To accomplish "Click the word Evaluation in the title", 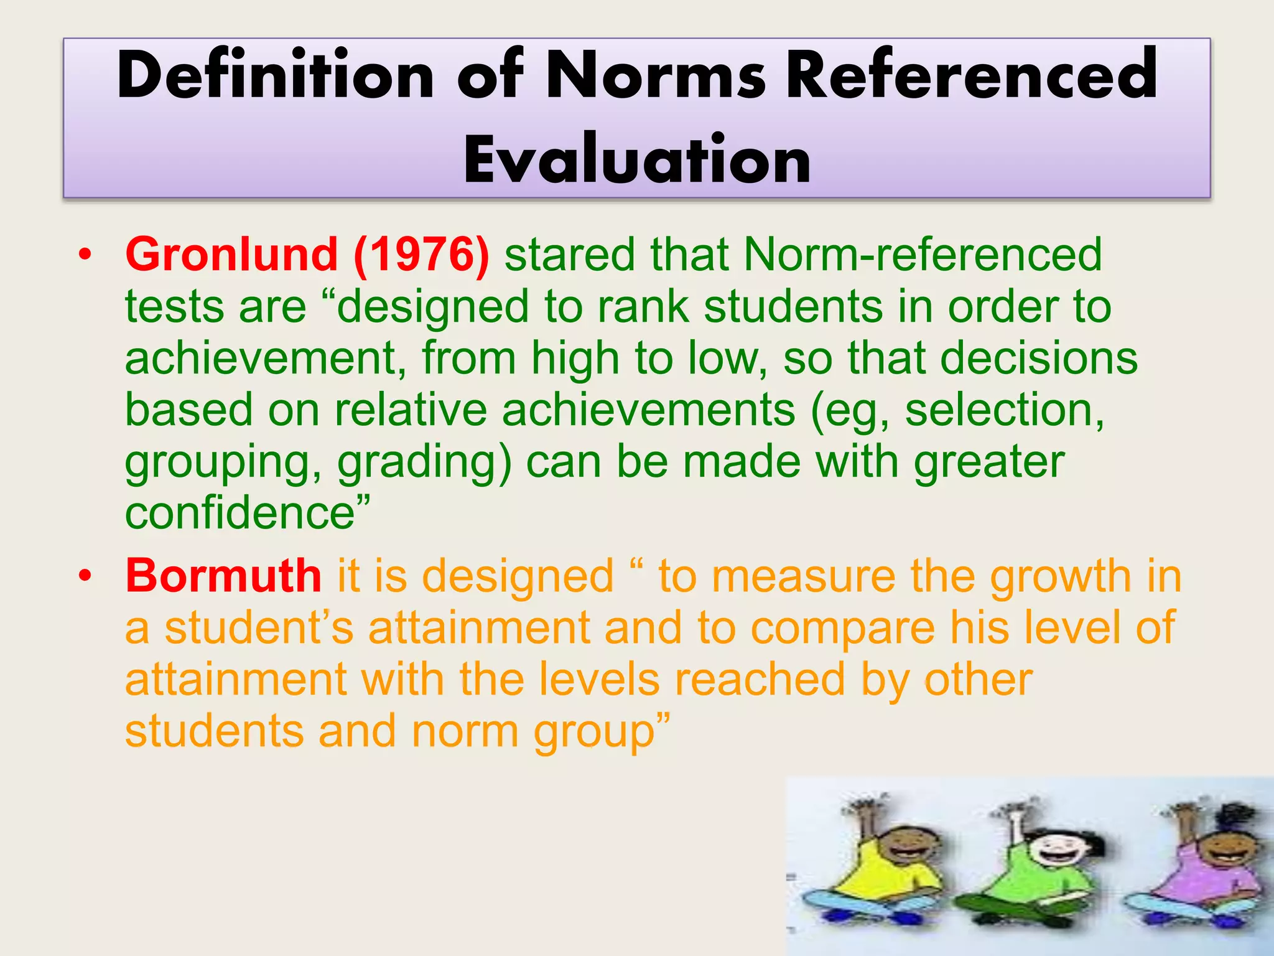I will [x=637, y=159].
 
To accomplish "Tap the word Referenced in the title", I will [x=972, y=75].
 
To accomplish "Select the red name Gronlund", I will [x=231, y=255].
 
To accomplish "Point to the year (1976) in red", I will [x=422, y=255].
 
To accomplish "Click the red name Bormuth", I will [x=223, y=575].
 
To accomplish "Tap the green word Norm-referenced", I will [x=923, y=255].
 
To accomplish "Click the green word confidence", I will [x=240, y=513].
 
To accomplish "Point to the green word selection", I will [x=1004, y=410].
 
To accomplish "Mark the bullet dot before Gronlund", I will [x=85, y=255].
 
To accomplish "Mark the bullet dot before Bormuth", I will [x=85, y=575].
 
